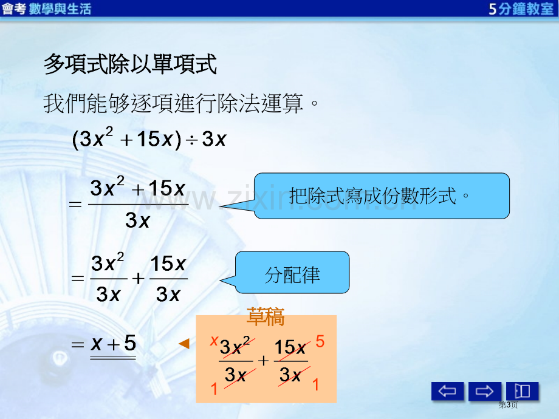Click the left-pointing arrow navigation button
pos(447,391)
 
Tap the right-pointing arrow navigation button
pos(484,391)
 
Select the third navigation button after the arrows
pos(523,391)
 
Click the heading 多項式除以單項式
pos(130,64)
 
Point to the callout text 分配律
pos(292,275)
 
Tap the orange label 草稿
pos(266,317)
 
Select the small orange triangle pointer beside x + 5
pos(184,344)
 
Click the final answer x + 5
pos(114,344)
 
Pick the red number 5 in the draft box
pos(320,341)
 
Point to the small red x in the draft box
pos(214,341)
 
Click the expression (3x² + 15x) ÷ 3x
pos(149,138)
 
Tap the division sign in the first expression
pos(191,140)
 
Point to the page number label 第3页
pos(508,405)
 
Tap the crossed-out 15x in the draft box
pos(290,347)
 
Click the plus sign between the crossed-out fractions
pos(264,361)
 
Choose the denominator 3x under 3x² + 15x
pos(137,220)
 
